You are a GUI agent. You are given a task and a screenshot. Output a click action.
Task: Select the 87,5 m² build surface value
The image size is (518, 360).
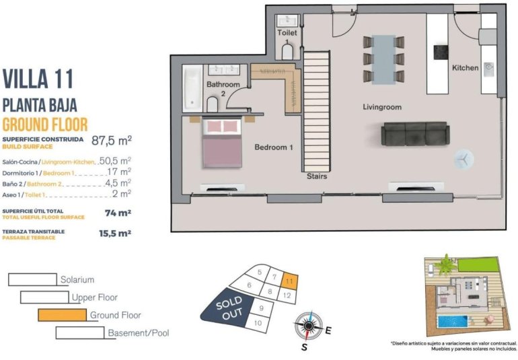(x=111, y=141)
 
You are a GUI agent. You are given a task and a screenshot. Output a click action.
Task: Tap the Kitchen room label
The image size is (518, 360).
(x=465, y=68)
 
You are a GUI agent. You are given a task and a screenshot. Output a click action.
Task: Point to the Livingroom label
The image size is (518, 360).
(x=381, y=107)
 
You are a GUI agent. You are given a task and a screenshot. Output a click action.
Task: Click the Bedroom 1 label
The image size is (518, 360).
(x=273, y=147)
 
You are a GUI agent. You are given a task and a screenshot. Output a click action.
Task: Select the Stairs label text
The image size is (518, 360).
(x=316, y=176)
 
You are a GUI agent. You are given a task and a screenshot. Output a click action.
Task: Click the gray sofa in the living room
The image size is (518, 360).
(x=414, y=133)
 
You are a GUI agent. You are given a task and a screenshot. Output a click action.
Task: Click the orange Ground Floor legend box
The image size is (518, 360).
(x=63, y=314)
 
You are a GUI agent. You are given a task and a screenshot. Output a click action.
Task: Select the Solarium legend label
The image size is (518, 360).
(x=77, y=279)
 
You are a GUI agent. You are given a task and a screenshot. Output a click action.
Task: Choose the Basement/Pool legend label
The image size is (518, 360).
(x=138, y=332)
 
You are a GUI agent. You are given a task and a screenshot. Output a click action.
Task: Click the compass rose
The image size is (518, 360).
(x=308, y=327)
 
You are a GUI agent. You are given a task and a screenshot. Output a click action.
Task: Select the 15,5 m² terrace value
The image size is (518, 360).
(x=115, y=233)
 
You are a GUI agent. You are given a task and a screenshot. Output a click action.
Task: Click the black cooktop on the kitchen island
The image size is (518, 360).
(x=441, y=52)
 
